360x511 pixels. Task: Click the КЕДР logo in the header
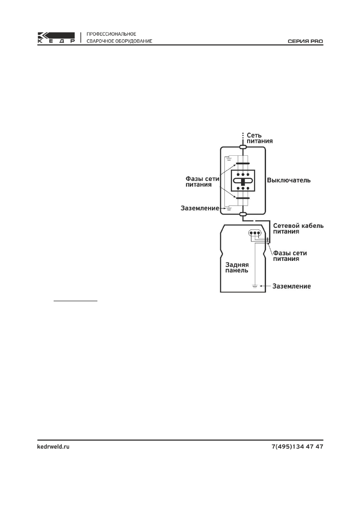[56, 38]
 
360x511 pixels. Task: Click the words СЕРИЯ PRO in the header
[305, 42]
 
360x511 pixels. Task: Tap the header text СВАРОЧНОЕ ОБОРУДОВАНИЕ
[119, 42]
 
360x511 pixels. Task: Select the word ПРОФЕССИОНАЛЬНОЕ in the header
[112, 33]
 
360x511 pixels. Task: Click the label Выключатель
[289, 181]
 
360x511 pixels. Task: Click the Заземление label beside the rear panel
[291, 286]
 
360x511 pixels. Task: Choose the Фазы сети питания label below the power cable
[292, 256]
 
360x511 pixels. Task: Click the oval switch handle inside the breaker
[243, 181]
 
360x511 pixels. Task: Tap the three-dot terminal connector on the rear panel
[254, 234]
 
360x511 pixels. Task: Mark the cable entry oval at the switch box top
[243, 147]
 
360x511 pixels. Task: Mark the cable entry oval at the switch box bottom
[243, 214]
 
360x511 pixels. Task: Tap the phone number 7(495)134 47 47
[297, 447]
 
